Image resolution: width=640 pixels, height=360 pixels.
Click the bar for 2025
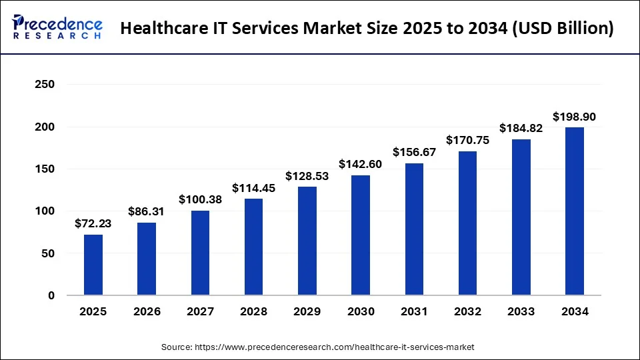click(93, 265)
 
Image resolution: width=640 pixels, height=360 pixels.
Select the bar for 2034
click(574, 211)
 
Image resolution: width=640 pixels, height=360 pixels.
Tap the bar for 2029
click(307, 241)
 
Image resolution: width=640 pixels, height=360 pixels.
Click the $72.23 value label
click(93, 224)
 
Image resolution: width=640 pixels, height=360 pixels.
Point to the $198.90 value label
click(574, 117)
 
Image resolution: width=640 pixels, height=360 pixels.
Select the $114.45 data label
click(253, 189)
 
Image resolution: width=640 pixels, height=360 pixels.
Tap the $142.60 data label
click(361, 165)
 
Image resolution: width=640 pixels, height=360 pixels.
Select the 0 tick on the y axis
click(51, 295)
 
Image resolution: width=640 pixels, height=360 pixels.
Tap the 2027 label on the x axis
click(200, 311)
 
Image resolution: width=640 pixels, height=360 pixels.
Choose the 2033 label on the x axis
click(521, 311)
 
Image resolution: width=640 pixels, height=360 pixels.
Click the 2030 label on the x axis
click(361, 311)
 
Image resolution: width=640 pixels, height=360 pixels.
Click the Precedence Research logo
click(57, 27)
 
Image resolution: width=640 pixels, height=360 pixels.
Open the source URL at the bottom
click(318, 347)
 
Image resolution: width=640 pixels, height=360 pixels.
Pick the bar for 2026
click(147, 259)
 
